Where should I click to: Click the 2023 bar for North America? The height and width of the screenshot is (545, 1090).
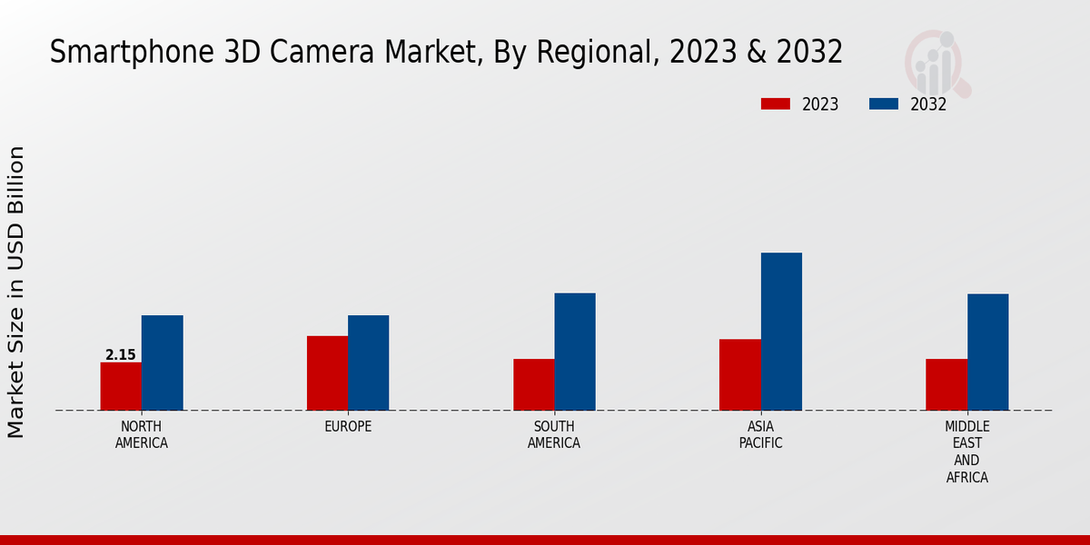tap(121, 386)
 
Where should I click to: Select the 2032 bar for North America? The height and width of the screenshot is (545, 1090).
tap(162, 362)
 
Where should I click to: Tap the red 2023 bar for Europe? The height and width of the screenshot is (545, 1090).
tap(327, 372)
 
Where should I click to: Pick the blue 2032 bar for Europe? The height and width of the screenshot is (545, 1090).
tap(368, 362)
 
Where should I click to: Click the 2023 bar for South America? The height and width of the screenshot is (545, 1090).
tap(533, 384)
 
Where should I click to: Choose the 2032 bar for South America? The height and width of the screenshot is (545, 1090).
tap(575, 352)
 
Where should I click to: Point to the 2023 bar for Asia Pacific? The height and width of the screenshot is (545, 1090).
tap(739, 374)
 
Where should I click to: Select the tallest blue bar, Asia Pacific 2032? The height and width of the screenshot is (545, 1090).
tap(781, 332)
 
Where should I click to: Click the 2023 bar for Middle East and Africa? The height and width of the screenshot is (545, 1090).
tap(946, 384)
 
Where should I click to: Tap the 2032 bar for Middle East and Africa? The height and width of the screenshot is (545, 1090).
tap(987, 352)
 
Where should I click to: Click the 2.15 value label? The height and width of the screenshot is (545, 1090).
tap(120, 355)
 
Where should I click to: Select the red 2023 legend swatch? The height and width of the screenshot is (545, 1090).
tap(775, 104)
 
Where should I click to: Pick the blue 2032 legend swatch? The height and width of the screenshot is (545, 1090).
tap(883, 104)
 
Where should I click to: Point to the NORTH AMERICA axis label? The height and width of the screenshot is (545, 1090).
tap(142, 435)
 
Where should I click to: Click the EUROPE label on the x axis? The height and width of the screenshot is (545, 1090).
tap(348, 427)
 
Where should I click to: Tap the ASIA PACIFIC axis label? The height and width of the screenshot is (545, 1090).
tap(760, 435)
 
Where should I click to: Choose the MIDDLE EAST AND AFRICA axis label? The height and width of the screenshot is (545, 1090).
tap(966, 451)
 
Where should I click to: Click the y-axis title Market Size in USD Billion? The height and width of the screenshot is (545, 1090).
tap(16, 292)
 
